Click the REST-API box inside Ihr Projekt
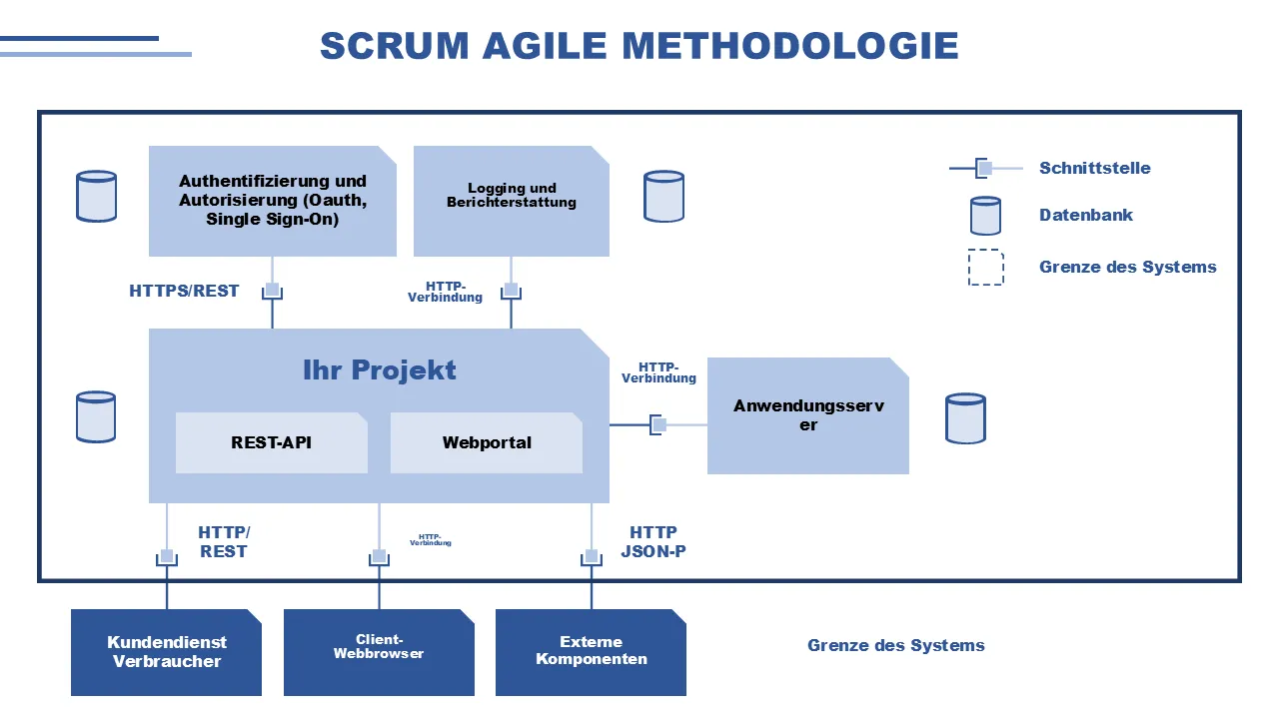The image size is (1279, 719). [x=271, y=442]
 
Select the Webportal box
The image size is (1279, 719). [x=487, y=442]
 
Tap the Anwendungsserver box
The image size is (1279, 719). [x=807, y=415]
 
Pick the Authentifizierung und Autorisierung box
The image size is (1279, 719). [x=272, y=200]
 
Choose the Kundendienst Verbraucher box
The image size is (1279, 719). [x=166, y=652]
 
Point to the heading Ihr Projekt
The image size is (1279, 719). [x=379, y=369]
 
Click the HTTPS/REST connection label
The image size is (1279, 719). [x=184, y=292]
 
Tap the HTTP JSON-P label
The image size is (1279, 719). [x=652, y=542]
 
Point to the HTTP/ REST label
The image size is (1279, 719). [x=224, y=542]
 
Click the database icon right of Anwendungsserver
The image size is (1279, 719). [x=965, y=417]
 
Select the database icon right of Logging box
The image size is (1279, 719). [x=663, y=196]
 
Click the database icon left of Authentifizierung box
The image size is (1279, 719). [x=96, y=196]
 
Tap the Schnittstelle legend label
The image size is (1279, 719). [x=1094, y=168]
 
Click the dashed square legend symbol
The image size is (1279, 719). [x=985, y=267]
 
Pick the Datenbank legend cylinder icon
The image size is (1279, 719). [x=985, y=215]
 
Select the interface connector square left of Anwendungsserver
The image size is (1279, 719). [x=658, y=424]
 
